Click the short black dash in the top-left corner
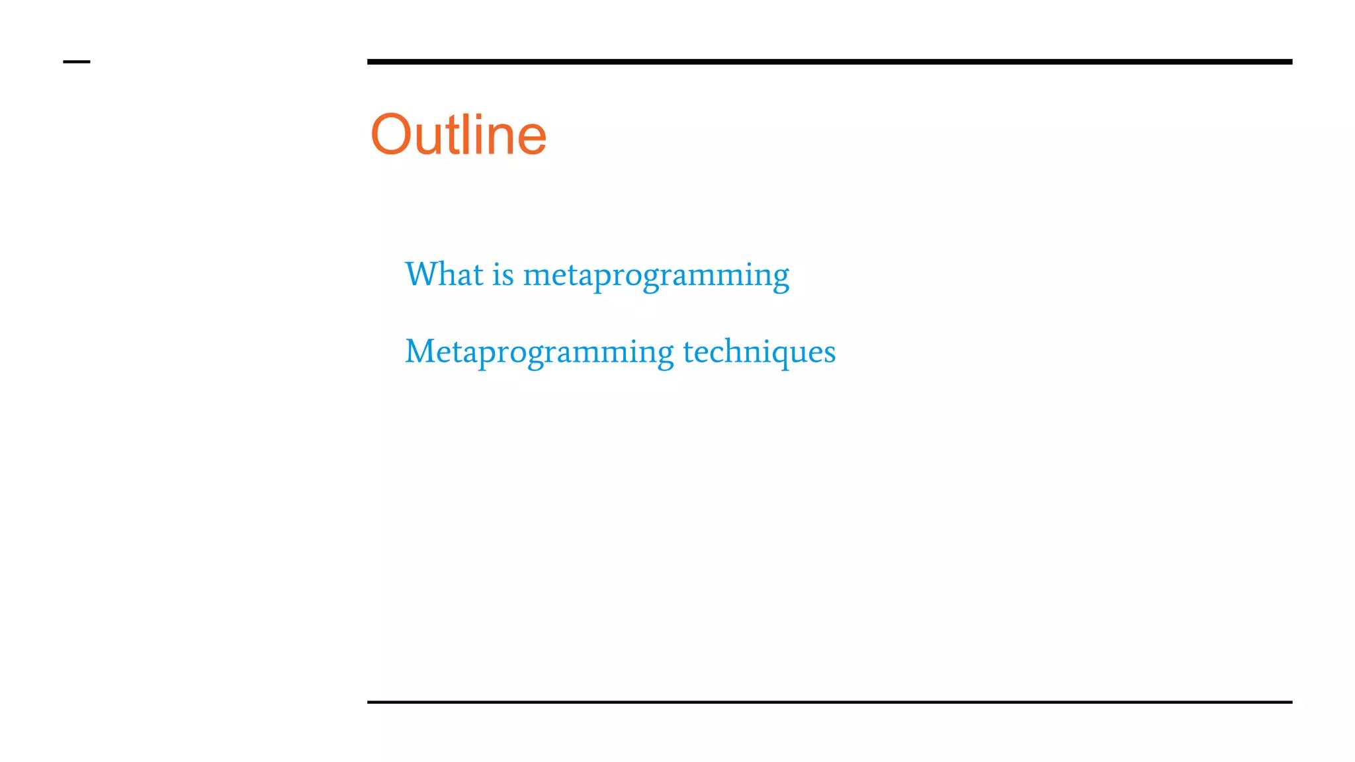point(76,62)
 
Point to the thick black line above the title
point(829,62)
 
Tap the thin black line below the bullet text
point(829,702)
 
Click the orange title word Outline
point(459,135)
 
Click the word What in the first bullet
point(444,274)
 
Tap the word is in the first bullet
point(503,275)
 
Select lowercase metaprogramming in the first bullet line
point(656,276)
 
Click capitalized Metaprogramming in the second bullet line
point(539,353)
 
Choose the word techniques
point(759,351)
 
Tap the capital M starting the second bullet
point(420,351)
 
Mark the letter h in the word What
point(445,274)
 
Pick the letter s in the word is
point(508,276)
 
